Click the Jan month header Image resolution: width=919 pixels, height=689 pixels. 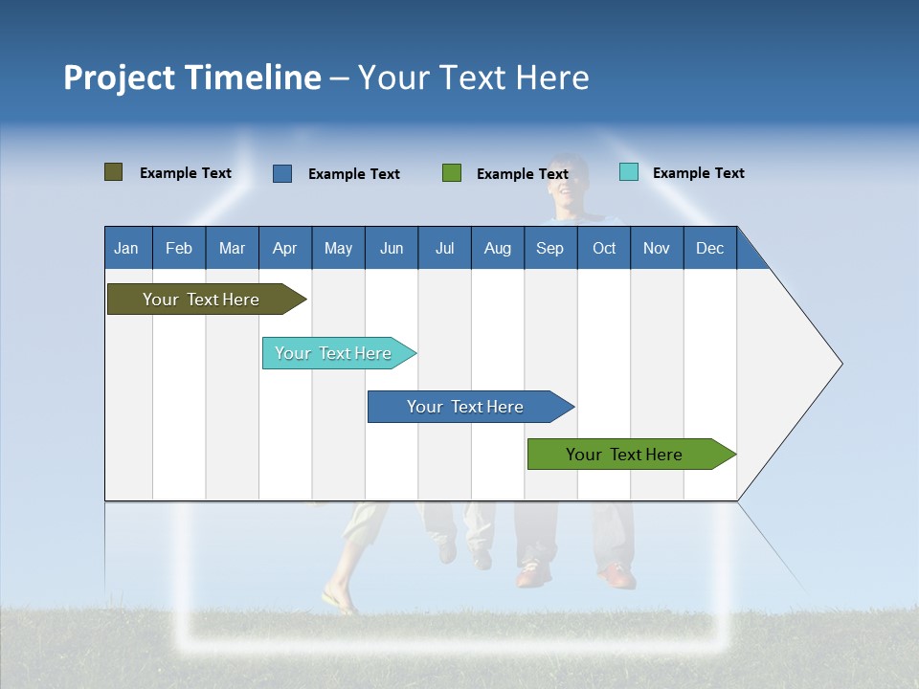click(x=127, y=248)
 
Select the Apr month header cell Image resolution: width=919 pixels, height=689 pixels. click(x=285, y=248)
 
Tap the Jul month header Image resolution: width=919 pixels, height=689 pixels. click(x=444, y=248)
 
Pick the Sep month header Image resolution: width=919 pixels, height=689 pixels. click(x=550, y=248)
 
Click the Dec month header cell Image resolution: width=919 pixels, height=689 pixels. click(x=709, y=248)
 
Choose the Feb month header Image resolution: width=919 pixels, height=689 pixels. click(x=179, y=248)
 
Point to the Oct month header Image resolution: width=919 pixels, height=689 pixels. click(x=604, y=248)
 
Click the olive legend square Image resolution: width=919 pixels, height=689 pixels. click(x=113, y=172)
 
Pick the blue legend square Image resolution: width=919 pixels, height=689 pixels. click(x=282, y=173)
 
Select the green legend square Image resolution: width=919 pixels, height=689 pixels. click(x=452, y=173)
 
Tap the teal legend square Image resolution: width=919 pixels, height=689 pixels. click(x=629, y=172)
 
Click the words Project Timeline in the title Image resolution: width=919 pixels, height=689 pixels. click(x=191, y=78)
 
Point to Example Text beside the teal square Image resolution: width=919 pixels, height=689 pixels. click(x=698, y=173)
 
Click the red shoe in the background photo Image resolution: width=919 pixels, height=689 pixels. click(x=617, y=577)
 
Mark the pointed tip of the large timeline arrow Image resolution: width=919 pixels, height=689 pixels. click(x=841, y=364)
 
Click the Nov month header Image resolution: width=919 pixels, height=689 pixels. click(x=657, y=248)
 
